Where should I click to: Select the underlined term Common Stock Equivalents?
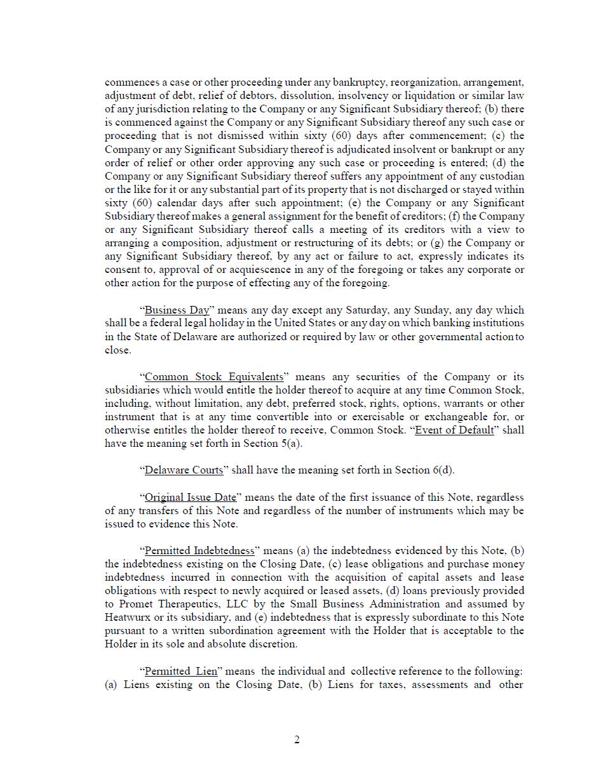214,376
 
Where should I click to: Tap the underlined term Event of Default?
454,430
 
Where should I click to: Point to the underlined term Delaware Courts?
184,470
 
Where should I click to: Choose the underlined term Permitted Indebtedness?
199,550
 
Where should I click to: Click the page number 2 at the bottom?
297,739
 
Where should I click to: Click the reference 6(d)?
442,470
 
